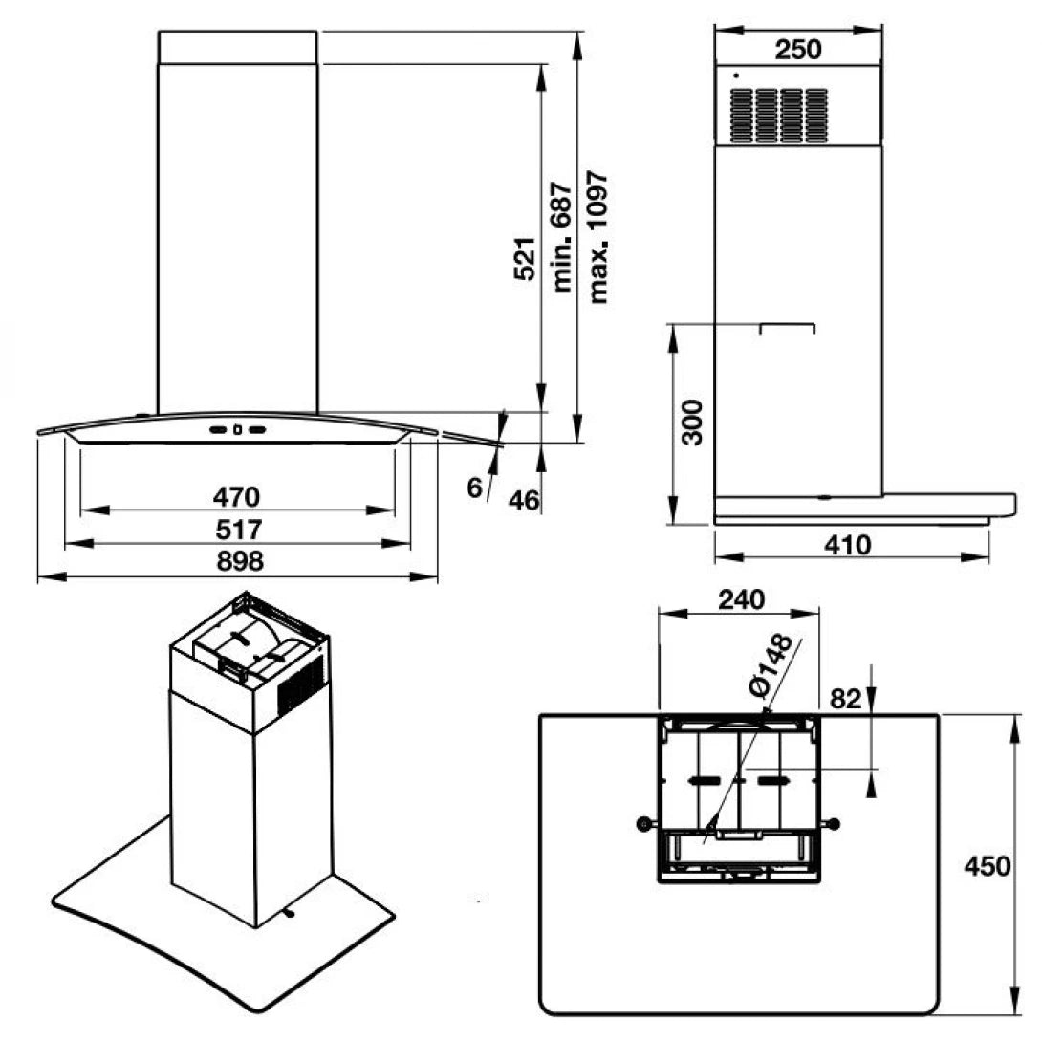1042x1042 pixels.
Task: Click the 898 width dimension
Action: tap(237, 561)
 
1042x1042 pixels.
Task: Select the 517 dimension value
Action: tap(237, 529)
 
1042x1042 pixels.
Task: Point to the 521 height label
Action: tap(525, 259)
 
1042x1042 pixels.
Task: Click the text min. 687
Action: tap(561, 237)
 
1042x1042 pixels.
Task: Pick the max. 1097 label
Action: tap(598, 237)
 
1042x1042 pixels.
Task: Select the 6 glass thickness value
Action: tap(475, 488)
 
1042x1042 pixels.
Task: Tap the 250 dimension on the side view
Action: tap(797, 50)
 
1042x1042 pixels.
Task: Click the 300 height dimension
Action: tap(694, 422)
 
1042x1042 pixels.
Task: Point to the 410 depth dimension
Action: tap(847, 545)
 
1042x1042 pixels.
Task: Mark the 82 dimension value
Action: tap(845, 698)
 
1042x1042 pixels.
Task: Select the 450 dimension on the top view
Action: tap(987, 866)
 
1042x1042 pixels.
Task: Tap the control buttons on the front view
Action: tap(237, 430)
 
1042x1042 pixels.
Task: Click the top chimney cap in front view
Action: tap(237, 47)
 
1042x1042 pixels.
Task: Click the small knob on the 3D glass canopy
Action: tap(289, 913)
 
